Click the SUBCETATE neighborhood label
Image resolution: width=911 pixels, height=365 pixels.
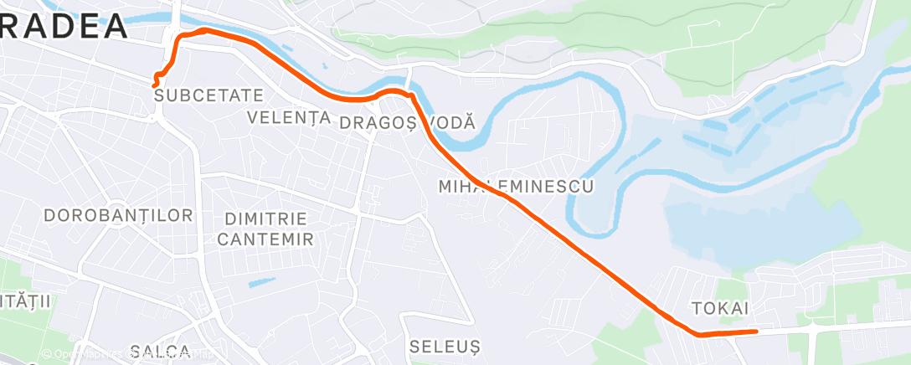[209, 95]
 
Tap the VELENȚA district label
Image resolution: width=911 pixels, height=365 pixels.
[289, 117]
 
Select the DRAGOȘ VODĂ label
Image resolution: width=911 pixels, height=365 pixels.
[408, 122]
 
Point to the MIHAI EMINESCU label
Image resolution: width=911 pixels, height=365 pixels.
[516, 186]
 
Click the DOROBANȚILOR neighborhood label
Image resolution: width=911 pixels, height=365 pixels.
[118, 216]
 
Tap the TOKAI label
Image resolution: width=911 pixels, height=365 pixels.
[720, 308]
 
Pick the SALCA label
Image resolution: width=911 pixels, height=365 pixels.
[161, 350]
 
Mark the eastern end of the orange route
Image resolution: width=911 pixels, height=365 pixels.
[756, 332]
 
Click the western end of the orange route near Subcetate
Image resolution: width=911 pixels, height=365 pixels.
[155, 83]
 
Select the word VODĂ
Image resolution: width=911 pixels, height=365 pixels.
[452, 122]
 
